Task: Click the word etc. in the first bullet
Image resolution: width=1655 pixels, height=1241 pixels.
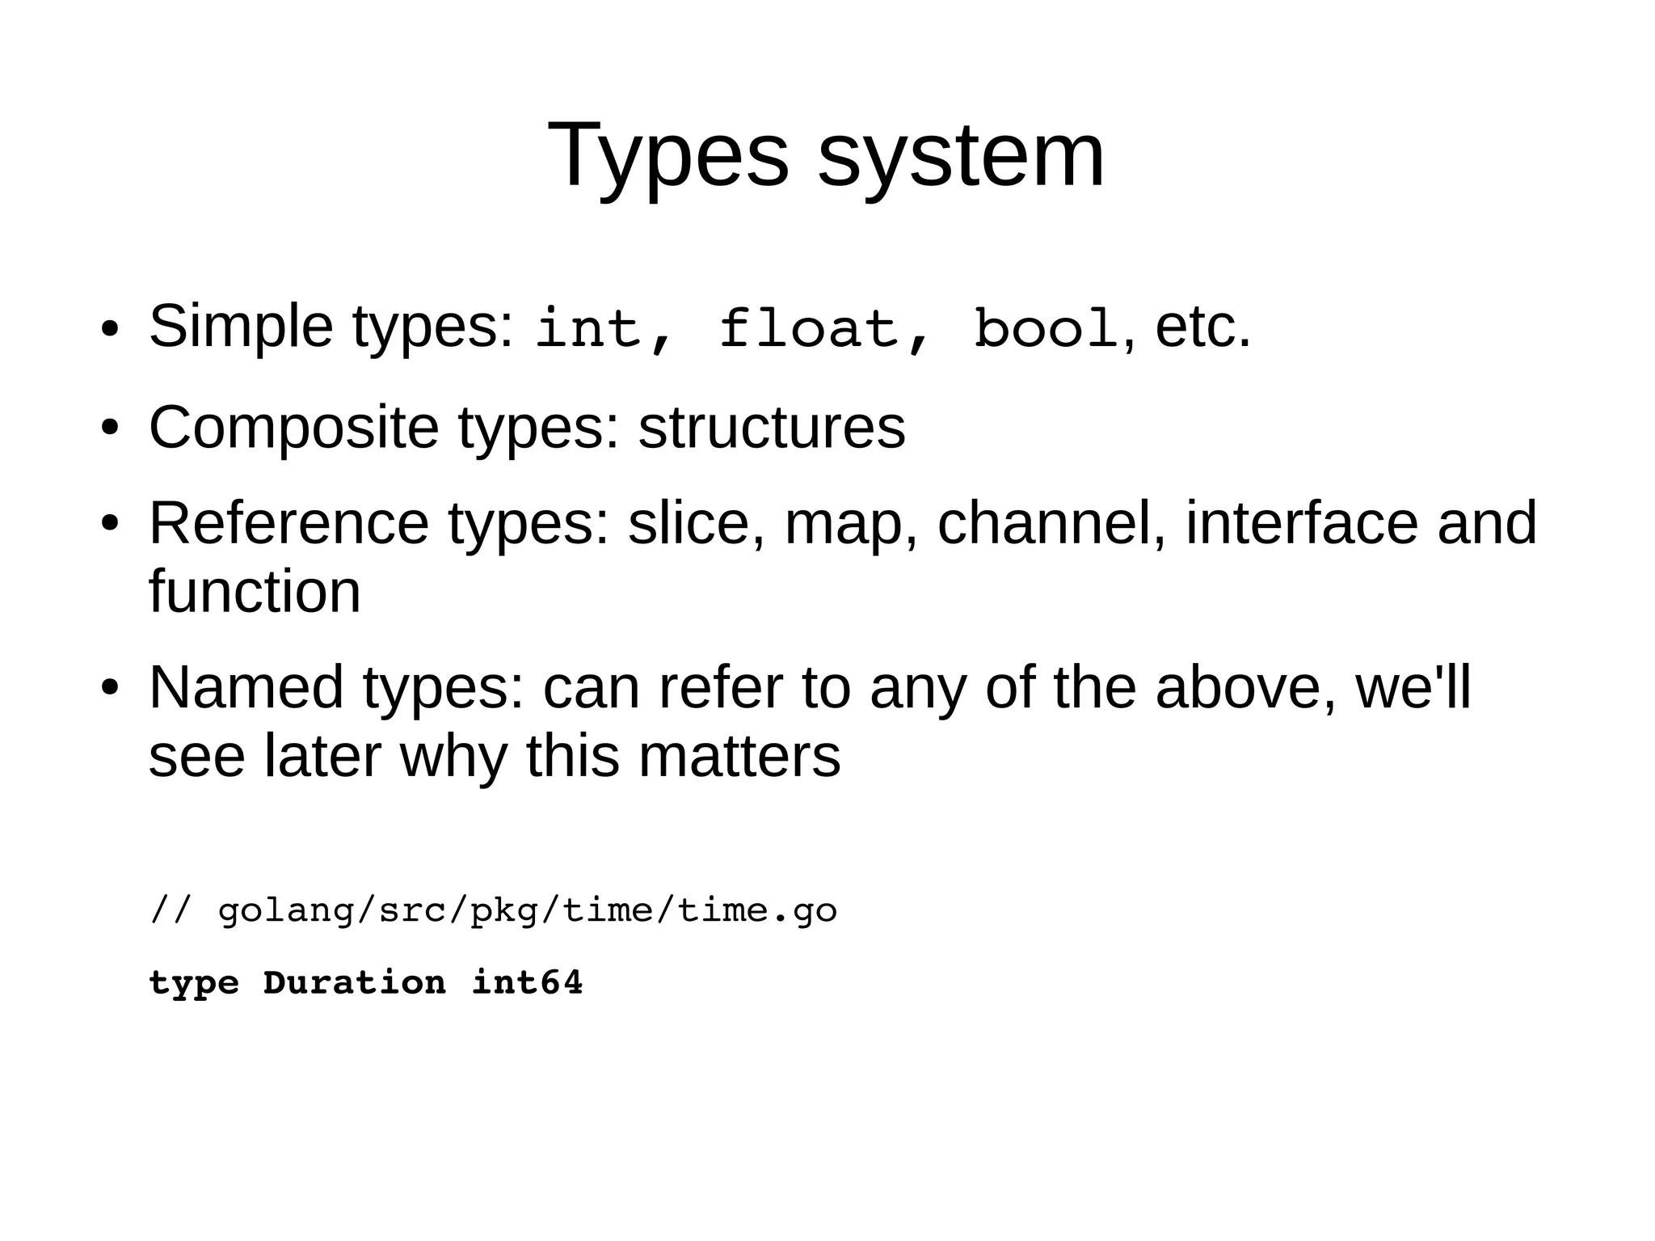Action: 1203,327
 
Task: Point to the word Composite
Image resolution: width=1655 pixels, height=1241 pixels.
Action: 293,428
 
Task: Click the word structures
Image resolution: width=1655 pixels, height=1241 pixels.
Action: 772,428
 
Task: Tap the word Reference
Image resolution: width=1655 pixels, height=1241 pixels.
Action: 288,523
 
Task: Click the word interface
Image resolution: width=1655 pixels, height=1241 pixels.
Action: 1301,523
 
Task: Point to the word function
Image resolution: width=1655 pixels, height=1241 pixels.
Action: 255,592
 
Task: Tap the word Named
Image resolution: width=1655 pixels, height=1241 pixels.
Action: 246,687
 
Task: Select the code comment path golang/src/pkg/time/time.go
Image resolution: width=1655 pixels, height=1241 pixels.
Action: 527,911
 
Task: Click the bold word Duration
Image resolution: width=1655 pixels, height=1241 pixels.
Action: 355,983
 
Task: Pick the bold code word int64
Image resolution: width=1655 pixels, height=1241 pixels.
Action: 527,983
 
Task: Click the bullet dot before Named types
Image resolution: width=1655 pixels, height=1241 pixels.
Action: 110,689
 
